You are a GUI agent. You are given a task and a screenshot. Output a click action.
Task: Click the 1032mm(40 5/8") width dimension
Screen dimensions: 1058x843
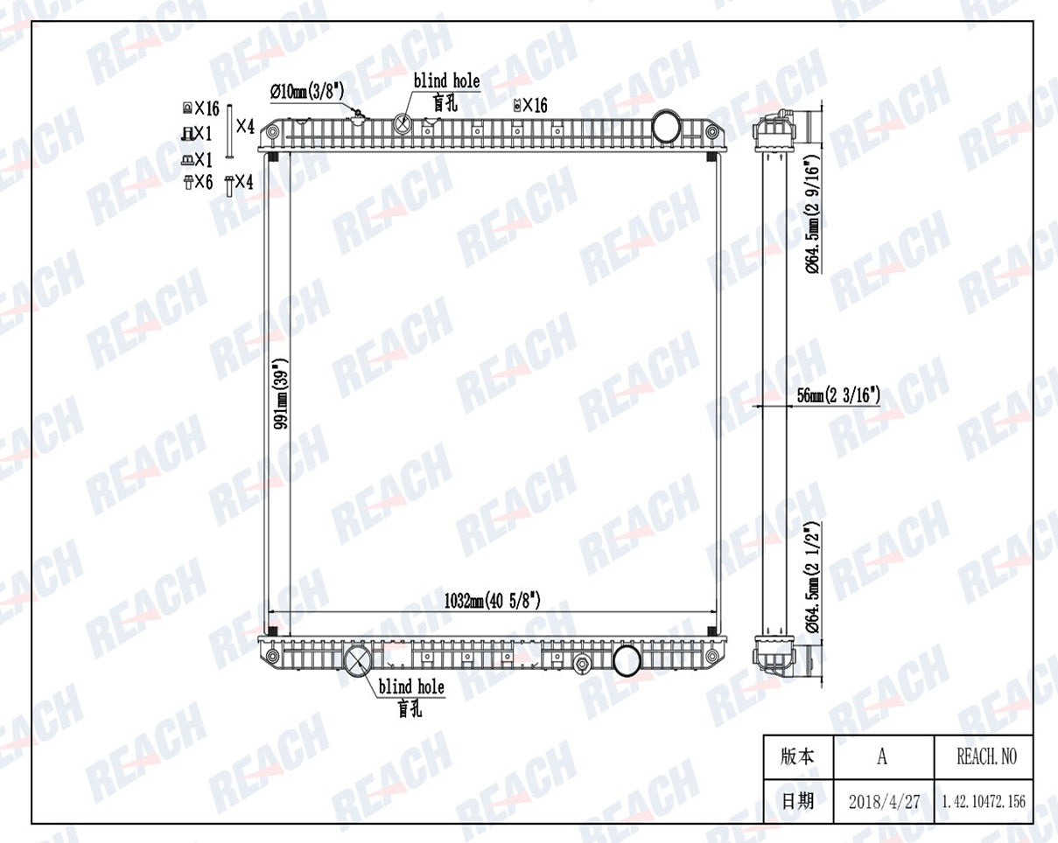[492, 600]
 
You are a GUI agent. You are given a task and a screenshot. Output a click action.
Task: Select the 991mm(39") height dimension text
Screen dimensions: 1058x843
[282, 394]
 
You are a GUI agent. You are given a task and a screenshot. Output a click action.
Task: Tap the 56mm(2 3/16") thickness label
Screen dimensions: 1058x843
[838, 395]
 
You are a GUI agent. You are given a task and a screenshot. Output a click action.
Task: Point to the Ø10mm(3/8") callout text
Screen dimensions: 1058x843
[307, 91]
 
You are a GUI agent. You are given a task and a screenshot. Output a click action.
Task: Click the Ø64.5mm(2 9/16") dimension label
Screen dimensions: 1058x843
[813, 213]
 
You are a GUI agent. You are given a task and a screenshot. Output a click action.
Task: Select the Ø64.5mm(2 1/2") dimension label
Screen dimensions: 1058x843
[813, 577]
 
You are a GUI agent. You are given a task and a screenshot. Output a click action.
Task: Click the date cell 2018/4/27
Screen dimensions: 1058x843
[884, 802]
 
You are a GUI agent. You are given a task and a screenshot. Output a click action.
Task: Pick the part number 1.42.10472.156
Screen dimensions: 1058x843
[984, 802]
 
